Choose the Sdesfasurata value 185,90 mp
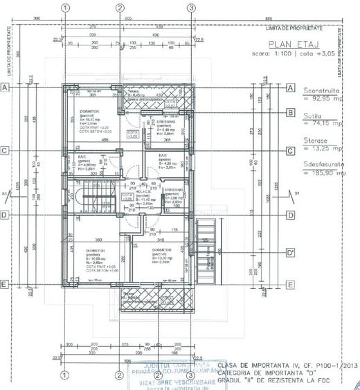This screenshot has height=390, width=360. (328, 173)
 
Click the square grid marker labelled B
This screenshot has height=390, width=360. (291, 113)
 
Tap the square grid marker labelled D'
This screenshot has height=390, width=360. (291, 254)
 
